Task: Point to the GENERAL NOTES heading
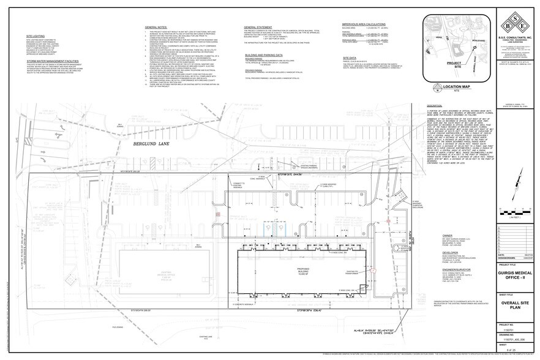pos(157,28)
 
